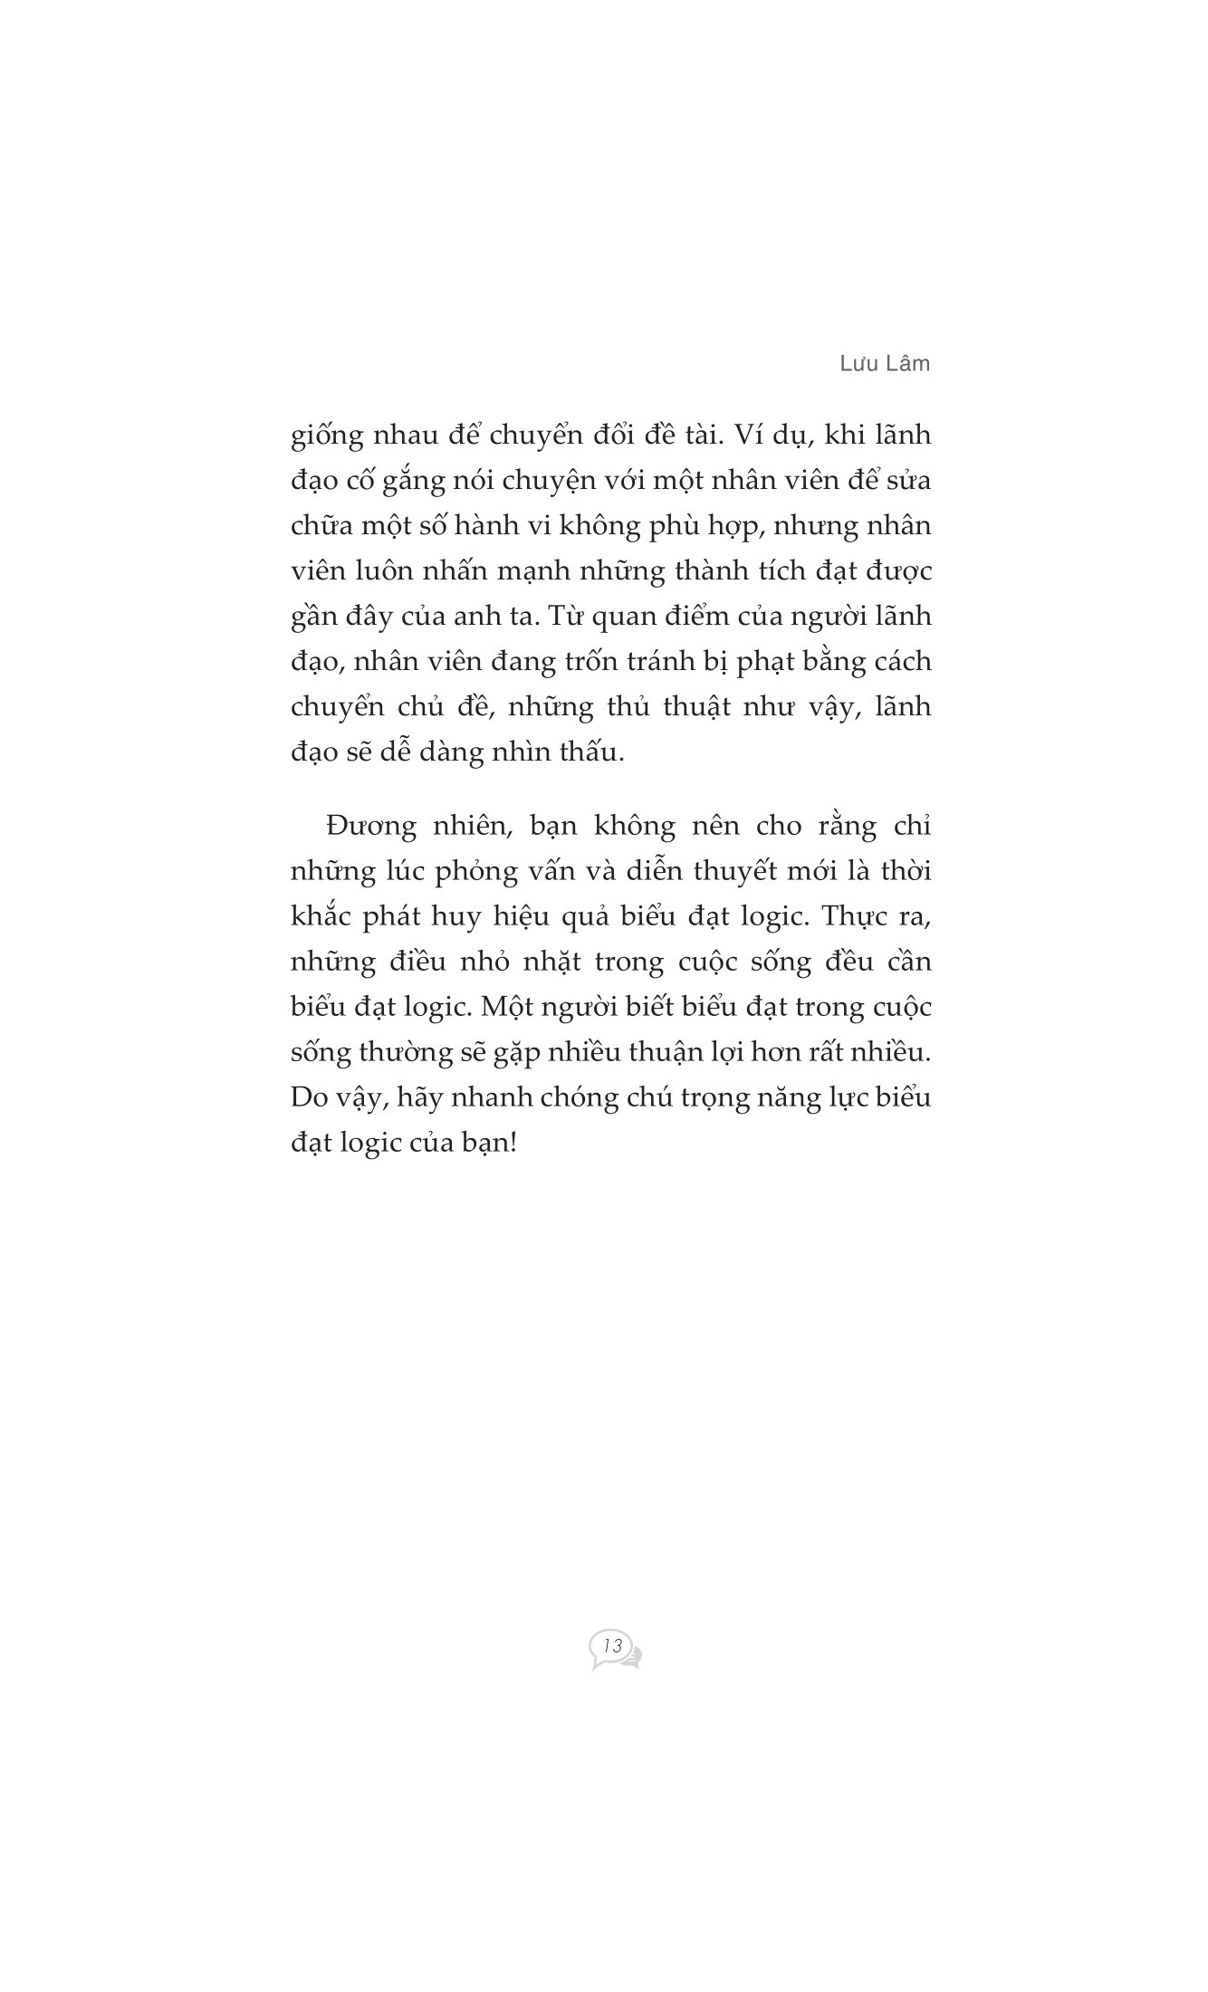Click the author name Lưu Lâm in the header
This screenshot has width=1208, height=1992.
pyautogui.click(x=884, y=363)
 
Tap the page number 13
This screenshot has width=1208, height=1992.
pyautogui.click(x=613, y=1646)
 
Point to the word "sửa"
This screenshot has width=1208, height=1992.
pyautogui.click(x=906, y=481)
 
